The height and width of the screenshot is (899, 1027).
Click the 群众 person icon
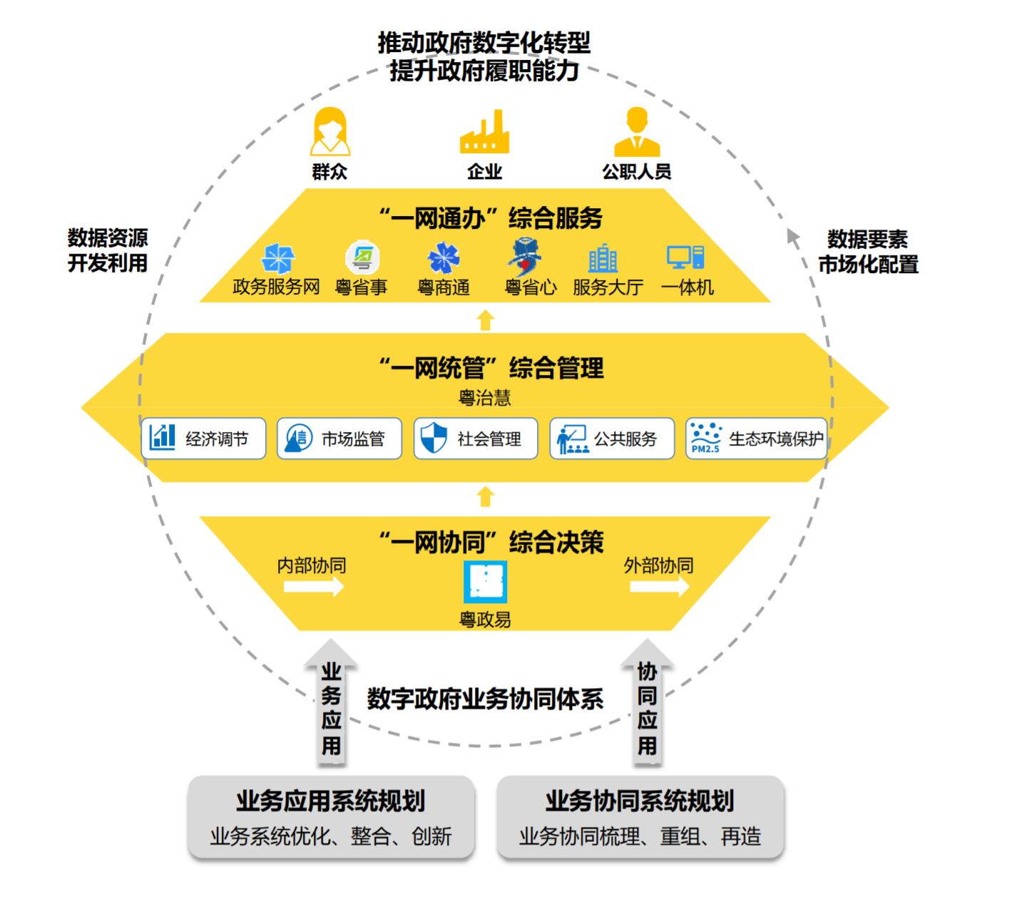click(x=330, y=132)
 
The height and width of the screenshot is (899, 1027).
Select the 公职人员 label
click(x=636, y=172)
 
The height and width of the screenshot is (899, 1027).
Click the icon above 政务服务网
click(x=277, y=258)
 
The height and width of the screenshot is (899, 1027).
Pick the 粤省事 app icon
click(x=362, y=257)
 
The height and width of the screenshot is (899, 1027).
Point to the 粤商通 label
click(x=444, y=287)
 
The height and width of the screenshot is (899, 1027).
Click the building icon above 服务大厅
click(x=603, y=258)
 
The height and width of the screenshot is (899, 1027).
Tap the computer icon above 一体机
click(x=685, y=257)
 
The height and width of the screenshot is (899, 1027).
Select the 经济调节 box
click(x=204, y=438)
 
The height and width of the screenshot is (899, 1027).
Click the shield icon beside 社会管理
click(x=434, y=438)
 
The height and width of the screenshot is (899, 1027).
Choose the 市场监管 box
click(x=339, y=438)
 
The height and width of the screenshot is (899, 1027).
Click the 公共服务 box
click(x=612, y=438)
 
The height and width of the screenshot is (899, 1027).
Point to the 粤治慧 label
click(x=485, y=398)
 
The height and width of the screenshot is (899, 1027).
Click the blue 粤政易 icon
click(x=486, y=582)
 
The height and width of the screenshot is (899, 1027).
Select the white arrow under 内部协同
click(x=314, y=587)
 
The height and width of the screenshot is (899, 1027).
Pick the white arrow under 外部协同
click(x=660, y=587)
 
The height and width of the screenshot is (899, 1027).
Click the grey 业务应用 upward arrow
click(x=331, y=703)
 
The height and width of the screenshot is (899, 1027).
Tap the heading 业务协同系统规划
click(x=640, y=801)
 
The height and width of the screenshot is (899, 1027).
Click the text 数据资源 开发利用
click(x=108, y=250)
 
